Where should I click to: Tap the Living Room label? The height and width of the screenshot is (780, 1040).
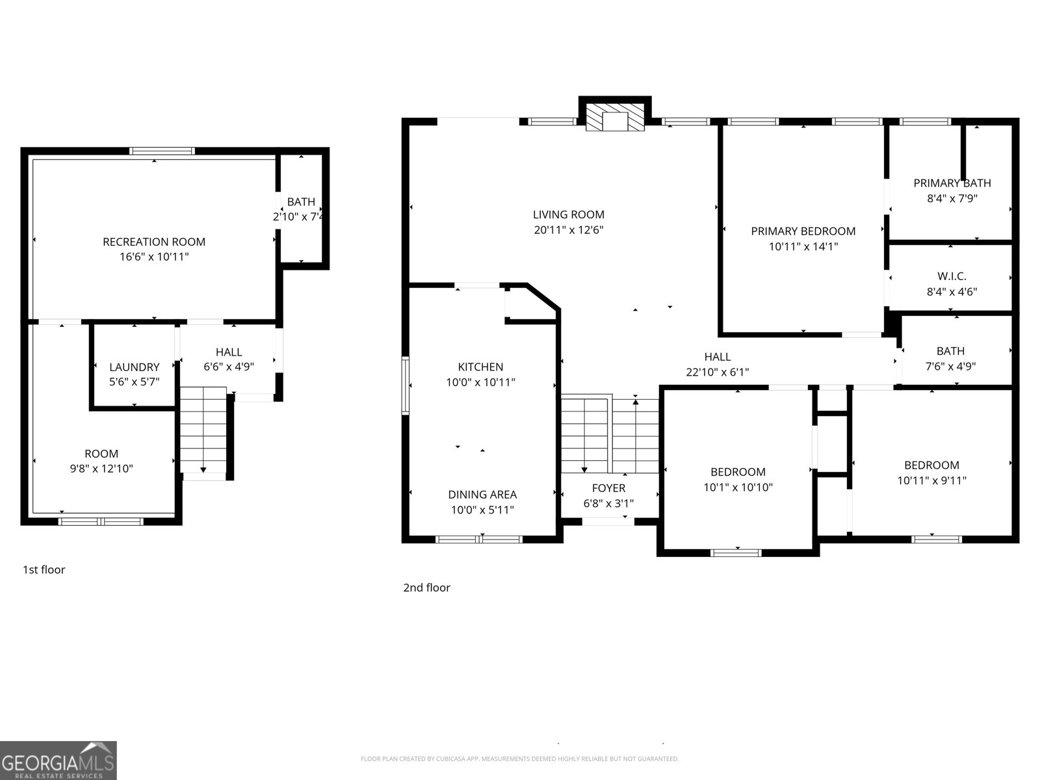click(568, 214)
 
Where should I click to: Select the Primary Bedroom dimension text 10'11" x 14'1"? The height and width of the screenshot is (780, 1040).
click(803, 246)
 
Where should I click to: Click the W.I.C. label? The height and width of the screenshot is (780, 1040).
click(952, 276)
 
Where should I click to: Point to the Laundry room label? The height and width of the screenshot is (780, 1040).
click(134, 367)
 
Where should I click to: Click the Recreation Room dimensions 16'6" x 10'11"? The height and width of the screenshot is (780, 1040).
click(154, 257)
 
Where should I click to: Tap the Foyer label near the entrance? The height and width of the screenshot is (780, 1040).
click(608, 487)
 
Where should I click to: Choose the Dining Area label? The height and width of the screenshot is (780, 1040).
click(482, 495)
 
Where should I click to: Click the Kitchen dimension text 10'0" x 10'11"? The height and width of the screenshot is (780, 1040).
click(480, 382)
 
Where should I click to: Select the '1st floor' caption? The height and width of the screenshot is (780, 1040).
click(44, 570)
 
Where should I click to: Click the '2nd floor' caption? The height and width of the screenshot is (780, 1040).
click(426, 588)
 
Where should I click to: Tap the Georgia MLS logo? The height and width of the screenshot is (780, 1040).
click(58, 760)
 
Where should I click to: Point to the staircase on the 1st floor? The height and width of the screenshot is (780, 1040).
click(203, 429)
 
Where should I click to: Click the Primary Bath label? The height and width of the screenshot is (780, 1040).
click(952, 183)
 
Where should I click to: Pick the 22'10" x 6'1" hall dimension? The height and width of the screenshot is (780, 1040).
click(717, 372)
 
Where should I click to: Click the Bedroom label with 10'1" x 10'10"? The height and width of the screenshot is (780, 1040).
click(738, 472)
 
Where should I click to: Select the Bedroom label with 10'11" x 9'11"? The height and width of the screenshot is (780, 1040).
click(931, 465)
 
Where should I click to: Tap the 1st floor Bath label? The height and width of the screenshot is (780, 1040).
click(301, 202)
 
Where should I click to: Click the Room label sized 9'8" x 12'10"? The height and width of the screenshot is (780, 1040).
click(101, 454)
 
